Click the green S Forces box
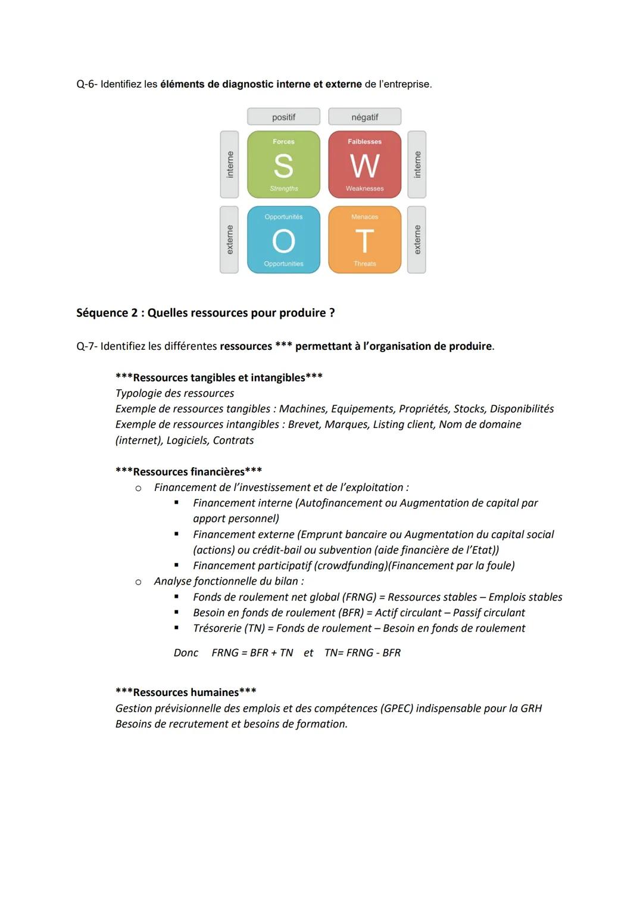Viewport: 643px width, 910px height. tap(283, 164)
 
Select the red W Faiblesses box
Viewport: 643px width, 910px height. tap(364, 164)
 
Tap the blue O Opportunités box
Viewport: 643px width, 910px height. tap(283, 240)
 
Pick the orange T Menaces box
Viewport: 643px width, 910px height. tap(364, 240)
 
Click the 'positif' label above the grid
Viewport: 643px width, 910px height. tap(283, 117)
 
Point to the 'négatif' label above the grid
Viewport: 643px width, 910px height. tap(364, 117)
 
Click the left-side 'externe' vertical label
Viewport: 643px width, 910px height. tap(229, 240)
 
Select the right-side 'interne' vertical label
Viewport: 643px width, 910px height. tap(417, 164)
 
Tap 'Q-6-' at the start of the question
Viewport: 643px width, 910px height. tap(87, 84)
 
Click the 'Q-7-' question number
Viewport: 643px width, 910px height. tap(87, 346)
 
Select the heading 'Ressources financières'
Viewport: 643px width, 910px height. tap(189, 471)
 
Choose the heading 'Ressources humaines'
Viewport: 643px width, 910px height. tap(186, 692)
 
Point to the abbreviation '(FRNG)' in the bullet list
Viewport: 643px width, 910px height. tap(359, 597)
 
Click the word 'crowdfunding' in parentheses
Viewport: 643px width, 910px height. tap(350, 566)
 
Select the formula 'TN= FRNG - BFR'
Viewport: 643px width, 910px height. tap(362, 653)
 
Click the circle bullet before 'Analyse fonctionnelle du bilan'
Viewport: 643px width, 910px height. tap(138, 582)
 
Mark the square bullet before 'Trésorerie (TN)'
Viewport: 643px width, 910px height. tap(176, 628)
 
